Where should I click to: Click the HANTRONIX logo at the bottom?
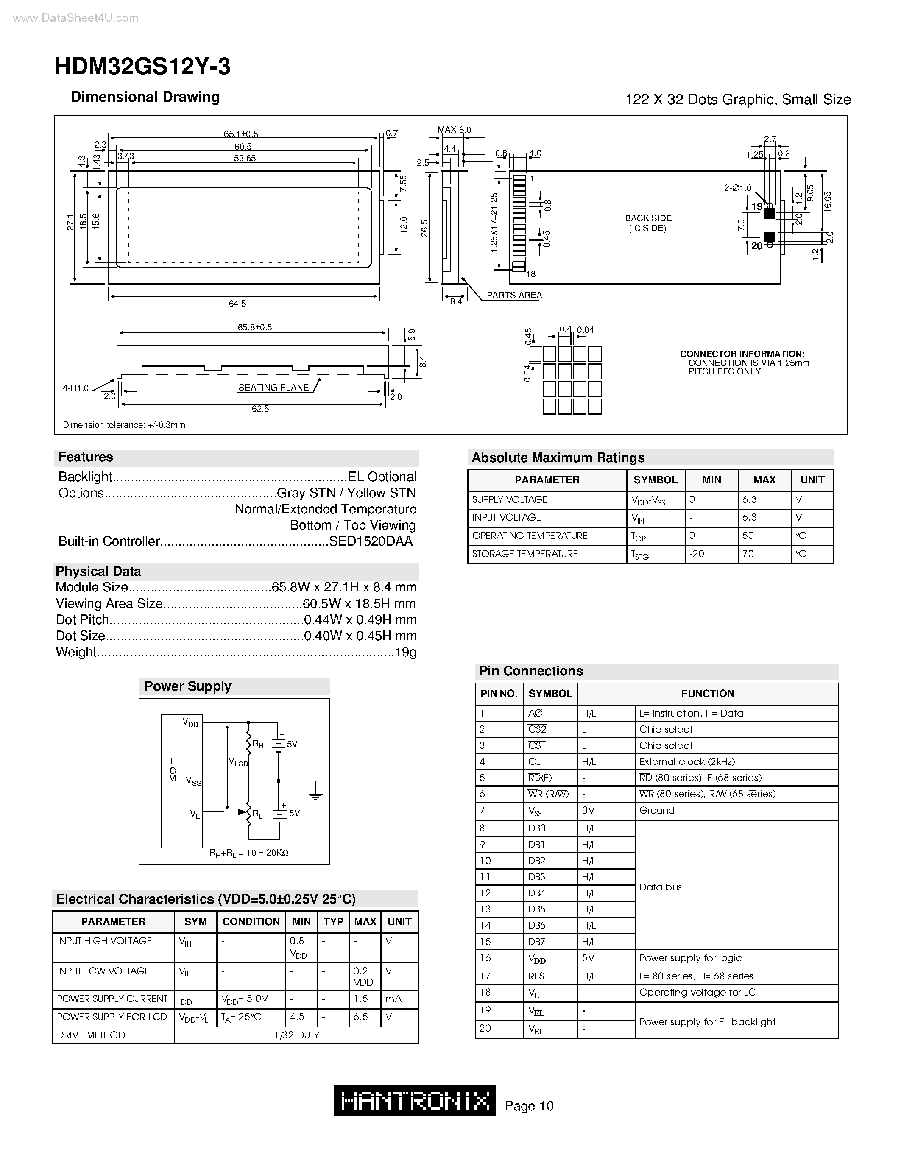pos(415,1100)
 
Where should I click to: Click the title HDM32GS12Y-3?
pos(142,67)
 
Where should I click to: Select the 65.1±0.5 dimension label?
pos(241,134)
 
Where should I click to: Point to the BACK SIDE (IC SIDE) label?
pos(648,223)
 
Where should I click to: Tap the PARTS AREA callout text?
pos(514,295)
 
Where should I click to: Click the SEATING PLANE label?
pos(273,388)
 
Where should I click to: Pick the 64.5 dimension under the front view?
pos(237,303)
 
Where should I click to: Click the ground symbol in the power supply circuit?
pos(316,796)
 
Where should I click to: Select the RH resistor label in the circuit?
pos(258,744)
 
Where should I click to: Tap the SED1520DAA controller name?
pos(371,541)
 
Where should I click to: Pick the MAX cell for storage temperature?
pos(748,554)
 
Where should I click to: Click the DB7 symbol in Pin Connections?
pos(536,942)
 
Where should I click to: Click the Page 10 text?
pos(529,1106)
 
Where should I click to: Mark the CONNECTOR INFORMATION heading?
pos(742,354)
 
